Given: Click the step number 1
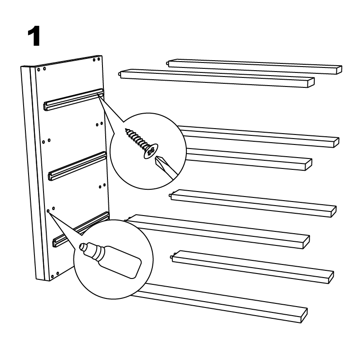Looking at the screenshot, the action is point(34,36).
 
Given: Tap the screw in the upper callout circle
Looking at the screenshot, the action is point(142,144).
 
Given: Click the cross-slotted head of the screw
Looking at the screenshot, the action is point(151,151).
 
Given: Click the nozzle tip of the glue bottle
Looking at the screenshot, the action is point(82,246).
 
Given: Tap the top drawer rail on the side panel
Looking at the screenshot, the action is point(73,99).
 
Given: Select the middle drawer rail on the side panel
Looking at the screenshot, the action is point(78,166).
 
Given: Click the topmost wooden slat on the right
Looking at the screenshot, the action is point(254,67).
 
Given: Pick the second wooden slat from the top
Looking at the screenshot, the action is point(217,78).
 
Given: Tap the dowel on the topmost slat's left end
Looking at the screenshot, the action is point(168,62).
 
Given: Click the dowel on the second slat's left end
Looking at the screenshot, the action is point(119,74).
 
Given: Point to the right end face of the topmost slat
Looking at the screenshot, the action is point(340,70).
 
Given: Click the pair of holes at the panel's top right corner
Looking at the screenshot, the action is point(96,59).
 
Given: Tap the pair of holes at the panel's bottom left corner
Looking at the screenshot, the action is point(55,275).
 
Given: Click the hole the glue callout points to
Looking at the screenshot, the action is point(48,211).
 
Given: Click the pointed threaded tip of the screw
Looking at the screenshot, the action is point(126,130).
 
